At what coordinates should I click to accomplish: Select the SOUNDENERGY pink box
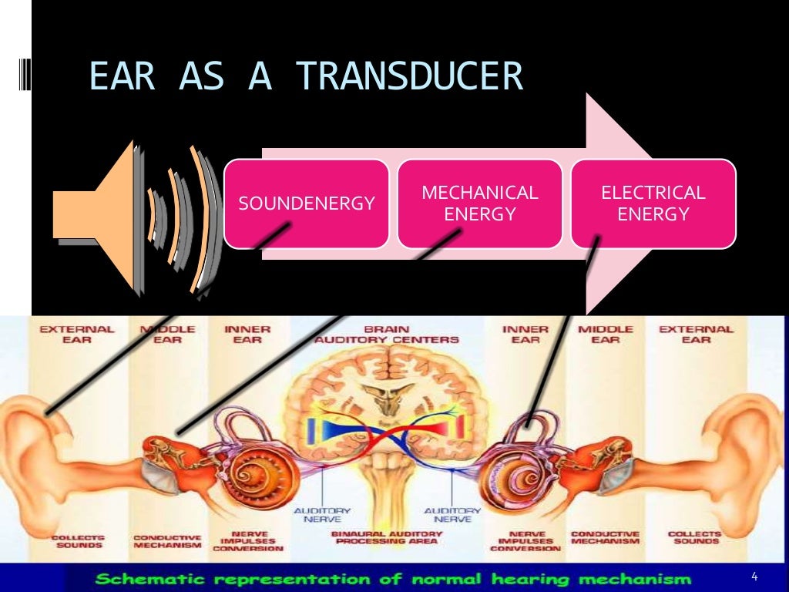click(306, 203)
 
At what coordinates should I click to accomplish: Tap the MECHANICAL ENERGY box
click(479, 203)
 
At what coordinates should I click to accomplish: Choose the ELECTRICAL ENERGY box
click(653, 203)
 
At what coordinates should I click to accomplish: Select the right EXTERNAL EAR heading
click(697, 335)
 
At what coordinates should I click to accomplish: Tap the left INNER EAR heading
click(247, 335)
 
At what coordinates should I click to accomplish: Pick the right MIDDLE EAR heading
click(606, 335)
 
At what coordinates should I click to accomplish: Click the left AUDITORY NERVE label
click(322, 515)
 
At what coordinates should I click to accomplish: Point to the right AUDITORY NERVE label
click(453, 515)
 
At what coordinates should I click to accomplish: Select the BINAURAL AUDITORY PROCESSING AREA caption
click(387, 538)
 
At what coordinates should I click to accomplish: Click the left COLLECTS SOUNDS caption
click(77, 539)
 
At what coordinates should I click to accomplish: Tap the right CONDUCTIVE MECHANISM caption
click(606, 537)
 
